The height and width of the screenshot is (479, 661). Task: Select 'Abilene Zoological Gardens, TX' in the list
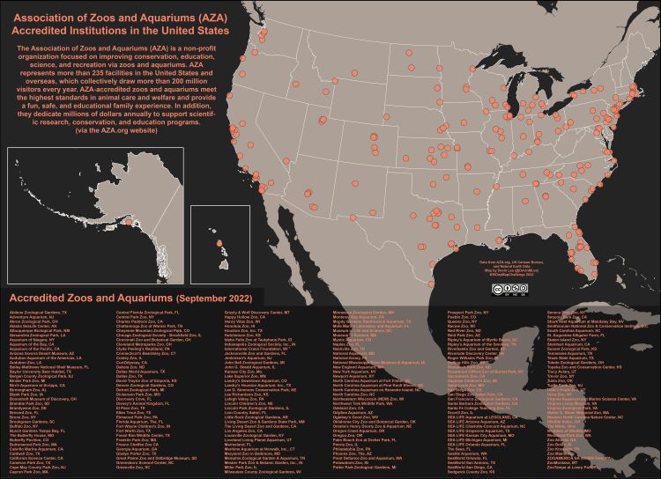click(36, 313)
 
